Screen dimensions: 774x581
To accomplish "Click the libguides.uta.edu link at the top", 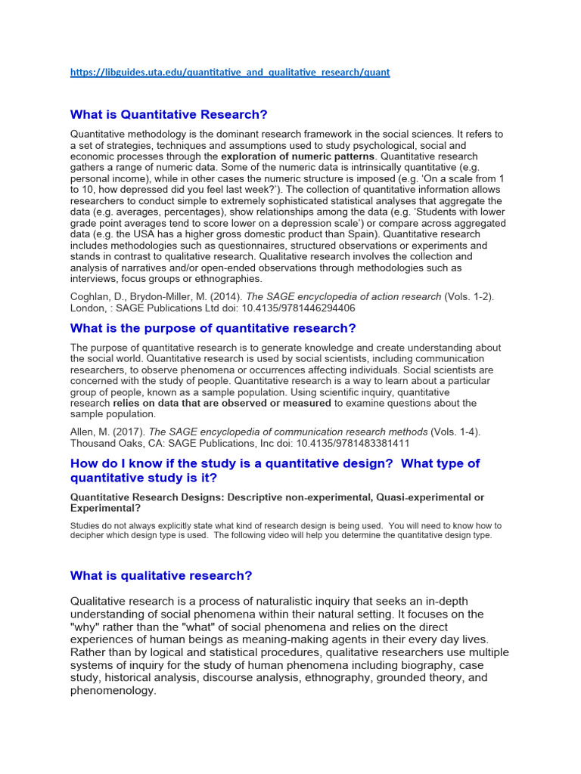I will click(230, 73).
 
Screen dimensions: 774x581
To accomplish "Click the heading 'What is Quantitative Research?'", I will click(169, 115).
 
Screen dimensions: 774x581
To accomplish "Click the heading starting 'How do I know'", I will click(275, 470).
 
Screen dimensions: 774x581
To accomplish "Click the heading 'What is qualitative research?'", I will click(161, 576).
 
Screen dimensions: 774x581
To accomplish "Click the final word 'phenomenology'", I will click(112, 691).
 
